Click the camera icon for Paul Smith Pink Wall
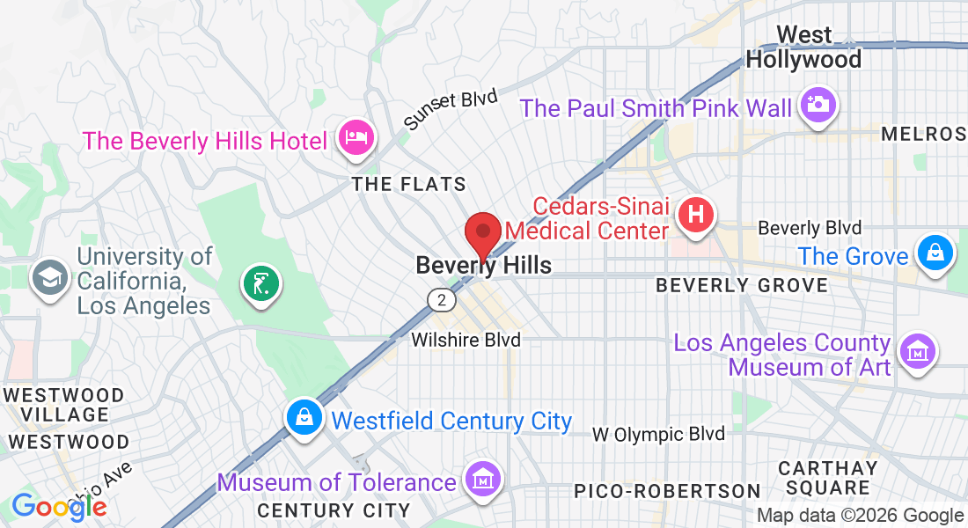point(818,105)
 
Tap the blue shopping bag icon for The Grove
point(935,253)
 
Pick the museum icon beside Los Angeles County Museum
point(918,351)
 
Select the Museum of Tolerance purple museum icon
point(484,480)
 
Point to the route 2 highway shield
point(443,300)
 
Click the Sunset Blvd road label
point(451,109)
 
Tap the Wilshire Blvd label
point(466,340)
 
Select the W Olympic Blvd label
point(658,434)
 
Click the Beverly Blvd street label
point(810,228)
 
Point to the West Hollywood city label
point(803,48)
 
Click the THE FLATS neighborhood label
point(408,185)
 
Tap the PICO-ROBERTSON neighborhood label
point(667,490)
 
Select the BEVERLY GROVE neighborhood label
point(742,286)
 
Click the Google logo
point(59,506)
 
